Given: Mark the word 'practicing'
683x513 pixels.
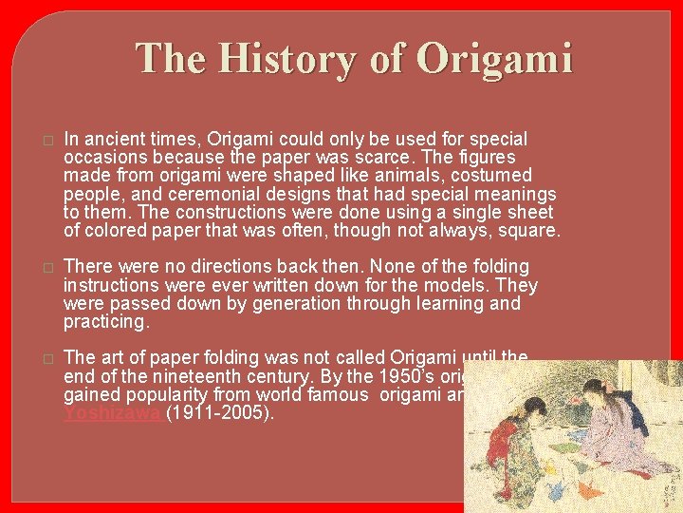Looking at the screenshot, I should click(x=105, y=322).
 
